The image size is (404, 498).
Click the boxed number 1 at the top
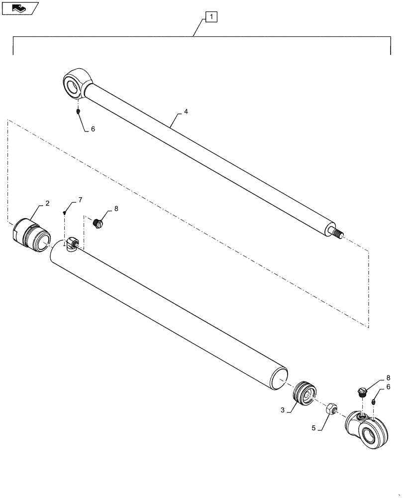211,18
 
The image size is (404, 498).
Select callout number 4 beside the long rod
186,112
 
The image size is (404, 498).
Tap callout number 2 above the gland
47,203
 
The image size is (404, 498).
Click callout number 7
80,200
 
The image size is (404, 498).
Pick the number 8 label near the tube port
116,209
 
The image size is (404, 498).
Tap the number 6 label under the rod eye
93,128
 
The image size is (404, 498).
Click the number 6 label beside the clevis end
388,387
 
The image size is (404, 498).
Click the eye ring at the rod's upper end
76,83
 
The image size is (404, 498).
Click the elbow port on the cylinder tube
71,243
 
